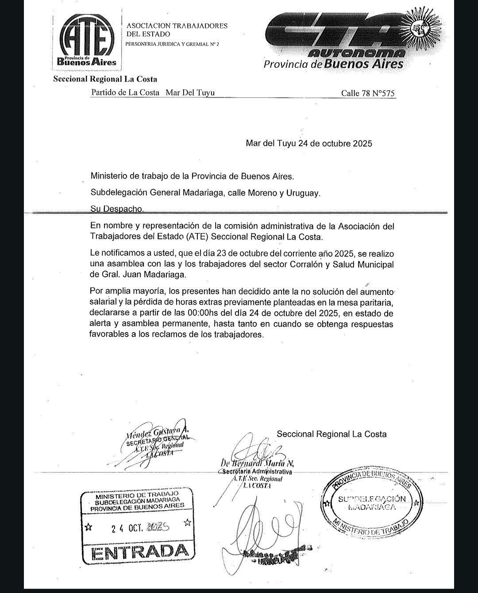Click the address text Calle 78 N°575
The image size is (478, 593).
point(368,93)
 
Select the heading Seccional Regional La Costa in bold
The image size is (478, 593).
point(105,79)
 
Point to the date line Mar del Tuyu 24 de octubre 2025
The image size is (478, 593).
point(309,143)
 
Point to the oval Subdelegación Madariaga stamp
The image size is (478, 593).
point(371,504)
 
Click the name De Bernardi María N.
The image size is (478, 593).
point(257,464)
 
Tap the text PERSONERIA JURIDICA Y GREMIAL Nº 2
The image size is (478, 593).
point(172,44)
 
